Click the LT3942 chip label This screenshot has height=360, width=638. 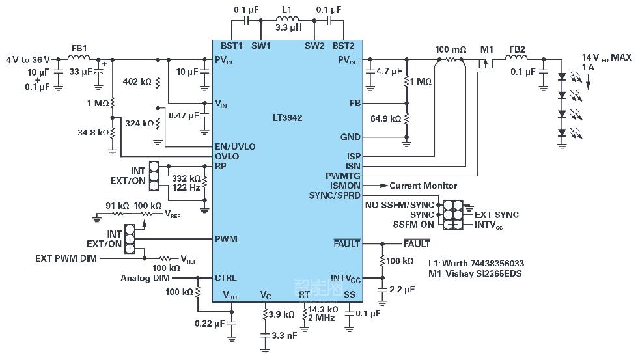coord(287,118)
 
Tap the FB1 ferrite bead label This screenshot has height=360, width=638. coord(79,48)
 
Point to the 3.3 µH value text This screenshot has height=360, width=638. coord(287,29)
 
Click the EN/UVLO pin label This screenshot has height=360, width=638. coord(235,146)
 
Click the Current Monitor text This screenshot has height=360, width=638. coord(423,186)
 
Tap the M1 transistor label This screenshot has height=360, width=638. coord(487,49)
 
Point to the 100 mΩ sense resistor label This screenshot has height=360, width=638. coord(451,49)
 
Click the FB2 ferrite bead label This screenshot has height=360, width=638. coord(517,49)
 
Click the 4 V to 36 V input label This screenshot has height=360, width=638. coord(28,59)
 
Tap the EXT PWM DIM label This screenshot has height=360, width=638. coord(66,258)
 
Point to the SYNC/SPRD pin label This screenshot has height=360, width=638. coord(335,195)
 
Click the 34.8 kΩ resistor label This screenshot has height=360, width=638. coord(90,132)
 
